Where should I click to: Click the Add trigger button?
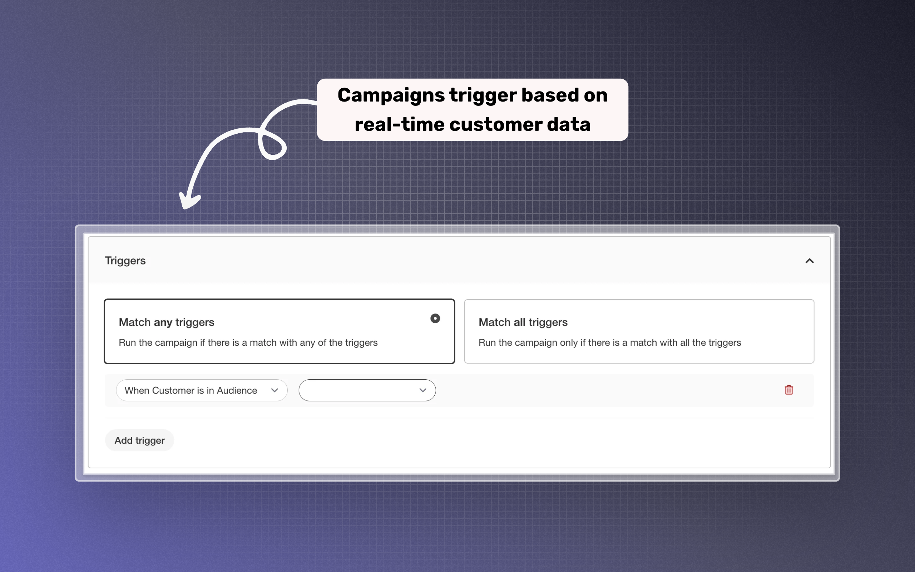point(139,440)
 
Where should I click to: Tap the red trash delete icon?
point(789,390)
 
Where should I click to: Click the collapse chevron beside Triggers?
point(810,261)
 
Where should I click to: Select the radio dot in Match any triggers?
point(435,319)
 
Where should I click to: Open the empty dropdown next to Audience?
point(367,390)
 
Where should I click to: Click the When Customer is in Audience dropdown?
point(201,390)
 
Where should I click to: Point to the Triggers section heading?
point(125,261)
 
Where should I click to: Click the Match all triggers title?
point(523,322)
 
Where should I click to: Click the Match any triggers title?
point(166,322)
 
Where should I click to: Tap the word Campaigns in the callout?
point(391,95)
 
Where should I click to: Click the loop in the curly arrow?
point(272,145)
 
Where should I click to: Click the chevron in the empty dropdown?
point(423,390)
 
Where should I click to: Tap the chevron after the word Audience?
point(274,390)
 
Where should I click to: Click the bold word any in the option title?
point(163,323)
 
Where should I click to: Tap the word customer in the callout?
point(495,124)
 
